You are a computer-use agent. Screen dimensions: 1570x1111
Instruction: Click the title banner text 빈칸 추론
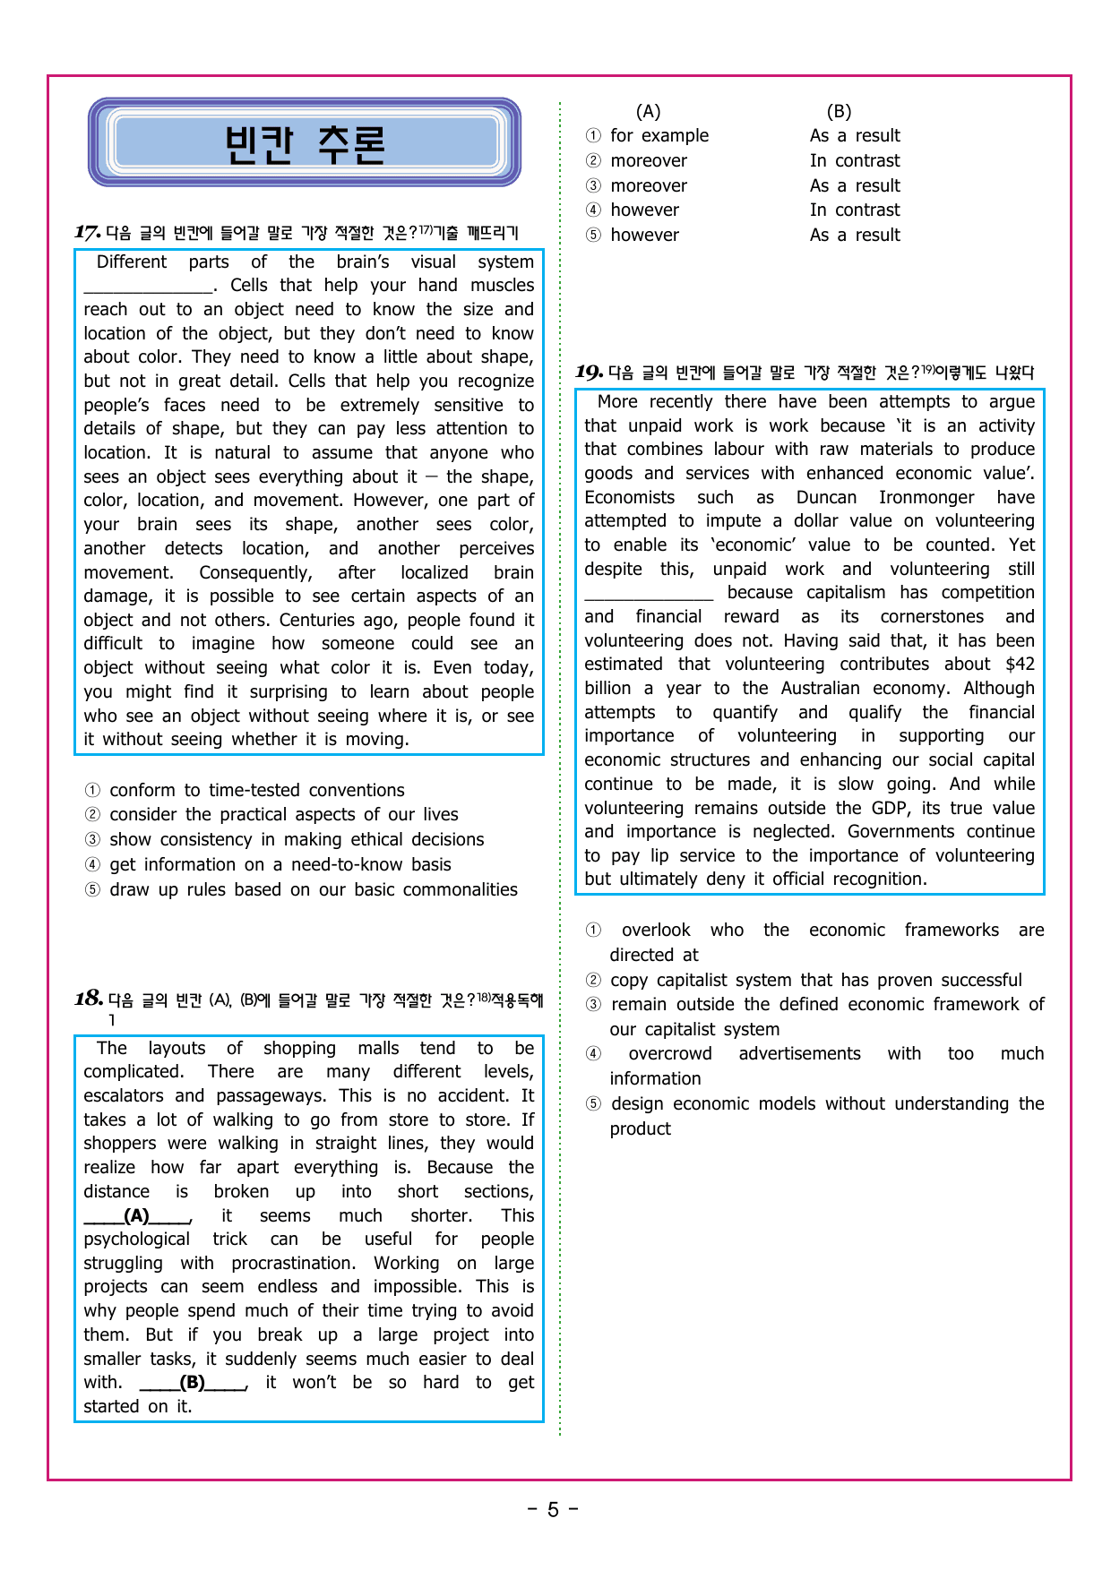coord(305,143)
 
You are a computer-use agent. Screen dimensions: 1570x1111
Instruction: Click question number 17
coord(87,233)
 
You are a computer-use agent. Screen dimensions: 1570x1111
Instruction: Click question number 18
coord(88,999)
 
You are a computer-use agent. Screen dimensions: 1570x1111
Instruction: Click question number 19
coord(589,372)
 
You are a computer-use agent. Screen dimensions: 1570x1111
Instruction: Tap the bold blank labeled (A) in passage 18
coord(137,1216)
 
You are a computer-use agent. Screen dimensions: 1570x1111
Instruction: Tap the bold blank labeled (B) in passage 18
coord(193,1383)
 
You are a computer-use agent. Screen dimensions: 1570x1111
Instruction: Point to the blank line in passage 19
coord(649,594)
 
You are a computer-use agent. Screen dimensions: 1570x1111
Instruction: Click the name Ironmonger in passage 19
coord(926,498)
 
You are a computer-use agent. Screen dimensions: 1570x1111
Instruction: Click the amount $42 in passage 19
coord(1020,665)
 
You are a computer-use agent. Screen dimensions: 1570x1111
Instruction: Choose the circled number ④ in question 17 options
coord(92,865)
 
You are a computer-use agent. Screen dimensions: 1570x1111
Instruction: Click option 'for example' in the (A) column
coord(659,136)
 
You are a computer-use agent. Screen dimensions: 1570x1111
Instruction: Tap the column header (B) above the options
coord(839,112)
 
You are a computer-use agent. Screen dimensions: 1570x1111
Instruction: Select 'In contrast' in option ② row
coord(855,161)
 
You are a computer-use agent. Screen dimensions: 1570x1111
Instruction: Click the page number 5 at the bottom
coord(553,1510)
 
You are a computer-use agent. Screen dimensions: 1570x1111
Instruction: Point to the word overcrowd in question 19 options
coord(670,1054)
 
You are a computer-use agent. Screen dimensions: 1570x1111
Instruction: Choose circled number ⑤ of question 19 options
coord(593,1104)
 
